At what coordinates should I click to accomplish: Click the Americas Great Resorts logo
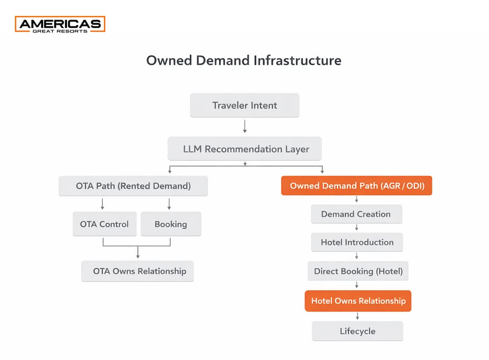click(x=60, y=24)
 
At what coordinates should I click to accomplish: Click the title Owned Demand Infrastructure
click(x=244, y=61)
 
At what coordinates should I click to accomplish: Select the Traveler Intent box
click(x=245, y=106)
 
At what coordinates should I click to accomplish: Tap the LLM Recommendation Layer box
click(x=245, y=149)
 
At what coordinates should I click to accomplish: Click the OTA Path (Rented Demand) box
click(x=133, y=186)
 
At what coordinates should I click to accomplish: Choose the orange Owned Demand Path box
click(x=357, y=186)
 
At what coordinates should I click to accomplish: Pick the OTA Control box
click(x=104, y=224)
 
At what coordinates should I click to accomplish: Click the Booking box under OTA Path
click(x=171, y=224)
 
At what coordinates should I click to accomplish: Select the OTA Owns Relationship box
click(x=138, y=271)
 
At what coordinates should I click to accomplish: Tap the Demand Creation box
click(x=356, y=214)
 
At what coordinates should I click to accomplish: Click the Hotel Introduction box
click(x=357, y=242)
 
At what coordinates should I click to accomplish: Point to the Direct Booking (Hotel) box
click(x=358, y=271)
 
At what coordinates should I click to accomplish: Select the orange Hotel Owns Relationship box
click(x=358, y=301)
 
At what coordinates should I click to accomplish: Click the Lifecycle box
click(x=358, y=331)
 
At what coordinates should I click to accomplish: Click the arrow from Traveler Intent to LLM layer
click(x=245, y=126)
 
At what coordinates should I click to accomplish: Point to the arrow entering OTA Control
click(x=103, y=204)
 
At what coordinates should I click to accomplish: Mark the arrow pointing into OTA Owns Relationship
click(x=138, y=252)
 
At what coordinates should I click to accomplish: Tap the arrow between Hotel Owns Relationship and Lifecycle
click(x=358, y=316)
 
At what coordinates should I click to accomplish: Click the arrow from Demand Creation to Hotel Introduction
click(x=357, y=228)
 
